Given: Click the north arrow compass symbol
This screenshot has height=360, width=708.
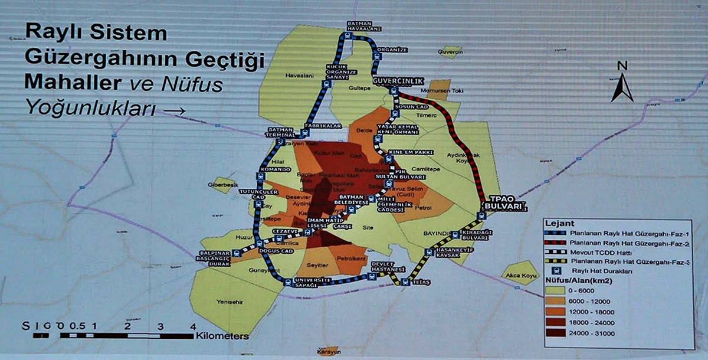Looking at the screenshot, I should point(621,82).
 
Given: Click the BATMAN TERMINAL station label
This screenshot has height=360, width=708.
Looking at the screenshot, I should point(280,132).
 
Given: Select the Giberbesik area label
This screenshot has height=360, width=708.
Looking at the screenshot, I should point(224,185).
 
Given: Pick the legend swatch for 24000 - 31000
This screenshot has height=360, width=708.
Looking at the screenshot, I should point(558,333).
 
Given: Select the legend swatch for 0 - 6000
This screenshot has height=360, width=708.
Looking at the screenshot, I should point(558,291).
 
